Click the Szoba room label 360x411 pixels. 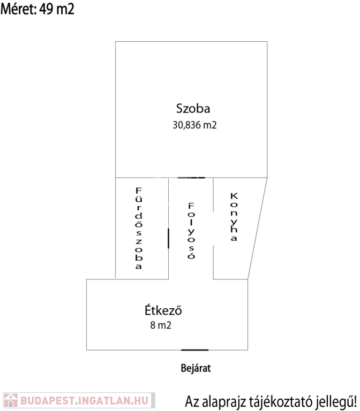tap(193, 109)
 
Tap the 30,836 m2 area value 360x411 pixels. tap(194, 125)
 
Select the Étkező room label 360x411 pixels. tap(164, 310)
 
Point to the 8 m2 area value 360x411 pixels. tap(161, 325)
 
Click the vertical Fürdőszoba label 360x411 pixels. tap(138, 228)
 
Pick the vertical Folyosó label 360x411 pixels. tap(190, 231)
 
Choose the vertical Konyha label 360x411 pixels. tap(233, 217)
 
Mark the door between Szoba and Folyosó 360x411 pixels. tap(191, 177)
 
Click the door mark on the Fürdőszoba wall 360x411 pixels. tap(169, 238)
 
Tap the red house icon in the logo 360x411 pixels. tap(10, 400)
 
